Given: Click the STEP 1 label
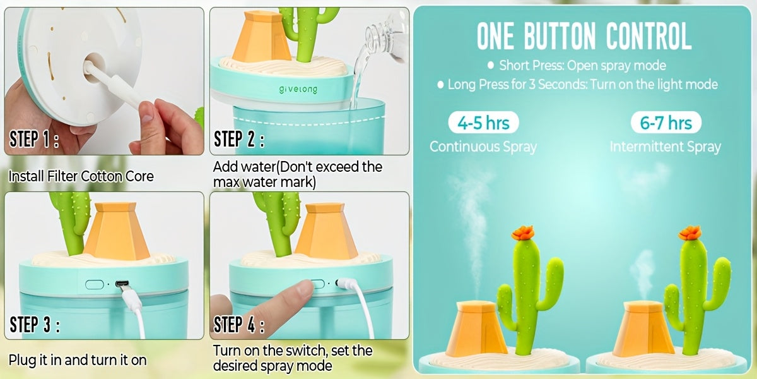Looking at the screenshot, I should (35, 140).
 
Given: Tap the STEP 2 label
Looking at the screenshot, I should (239, 140).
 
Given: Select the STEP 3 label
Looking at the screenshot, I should (35, 325).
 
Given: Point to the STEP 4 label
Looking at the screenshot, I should (239, 325).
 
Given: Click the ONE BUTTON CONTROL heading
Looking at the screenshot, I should (584, 36).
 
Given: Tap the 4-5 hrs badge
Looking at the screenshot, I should (483, 123).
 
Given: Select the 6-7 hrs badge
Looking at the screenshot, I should (666, 123).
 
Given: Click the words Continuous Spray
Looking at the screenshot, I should (483, 147).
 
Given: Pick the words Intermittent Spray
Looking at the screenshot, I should (665, 147).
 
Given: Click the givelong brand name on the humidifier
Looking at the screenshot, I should (298, 90).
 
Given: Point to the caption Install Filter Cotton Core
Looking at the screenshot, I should (81, 176).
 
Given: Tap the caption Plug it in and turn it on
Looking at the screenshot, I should (78, 361).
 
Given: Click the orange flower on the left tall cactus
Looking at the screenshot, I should (523, 233).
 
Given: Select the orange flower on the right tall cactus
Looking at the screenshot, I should (690, 233).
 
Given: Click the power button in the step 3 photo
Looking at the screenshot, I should (94, 284).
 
